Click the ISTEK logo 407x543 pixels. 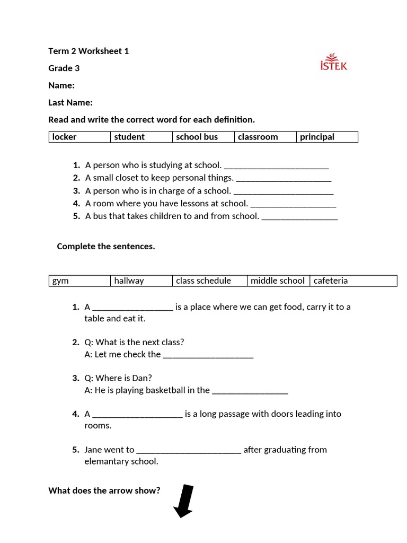click(334, 62)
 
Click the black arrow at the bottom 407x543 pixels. click(184, 500)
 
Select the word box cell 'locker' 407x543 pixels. click(79, 137)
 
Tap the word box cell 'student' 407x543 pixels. click(141, 137)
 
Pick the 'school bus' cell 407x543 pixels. click(203, 137)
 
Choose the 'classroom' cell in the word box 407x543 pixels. click(265, 137)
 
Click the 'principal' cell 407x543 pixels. click(326, 137)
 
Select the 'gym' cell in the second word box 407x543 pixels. click(79, 281)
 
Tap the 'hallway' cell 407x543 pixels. click(141, 281)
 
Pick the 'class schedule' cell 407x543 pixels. click(209, 281)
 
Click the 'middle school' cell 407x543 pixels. click(278, 281)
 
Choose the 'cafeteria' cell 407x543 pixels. click(353, 281)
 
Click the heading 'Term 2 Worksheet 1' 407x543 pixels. click(89, 51)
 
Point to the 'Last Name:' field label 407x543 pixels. click(70, 102)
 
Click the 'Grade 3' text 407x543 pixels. click(64, 68)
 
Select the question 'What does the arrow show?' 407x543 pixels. click(104, 491)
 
